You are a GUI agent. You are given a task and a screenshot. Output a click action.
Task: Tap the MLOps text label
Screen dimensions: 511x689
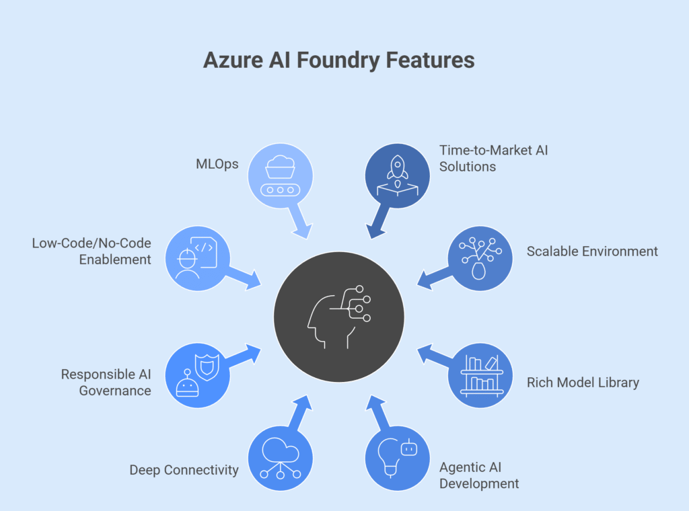coord(217,163)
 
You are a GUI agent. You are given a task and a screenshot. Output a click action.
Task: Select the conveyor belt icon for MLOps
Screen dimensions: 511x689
coord(281,175)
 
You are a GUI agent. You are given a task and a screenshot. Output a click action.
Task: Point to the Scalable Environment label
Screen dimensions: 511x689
coord(592,251)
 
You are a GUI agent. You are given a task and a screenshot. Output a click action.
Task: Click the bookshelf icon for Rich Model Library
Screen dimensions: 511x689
coord(480,376)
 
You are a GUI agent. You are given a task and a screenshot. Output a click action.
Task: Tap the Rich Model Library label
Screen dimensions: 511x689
coord(583,383)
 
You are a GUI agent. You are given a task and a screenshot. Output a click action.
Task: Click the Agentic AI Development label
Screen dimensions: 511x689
coord(478,475)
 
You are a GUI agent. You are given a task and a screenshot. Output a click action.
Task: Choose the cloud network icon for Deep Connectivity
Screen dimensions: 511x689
coord(281,458)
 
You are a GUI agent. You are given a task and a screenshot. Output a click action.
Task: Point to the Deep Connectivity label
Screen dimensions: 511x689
coord(184,470)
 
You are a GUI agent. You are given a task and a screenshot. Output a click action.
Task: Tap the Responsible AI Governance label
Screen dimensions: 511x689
coord(106,383)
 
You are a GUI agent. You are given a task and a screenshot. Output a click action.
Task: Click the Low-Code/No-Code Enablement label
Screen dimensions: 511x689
coord(92,251)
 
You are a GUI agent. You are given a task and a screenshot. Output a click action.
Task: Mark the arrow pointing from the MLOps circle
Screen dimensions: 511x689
coord(299,222)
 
